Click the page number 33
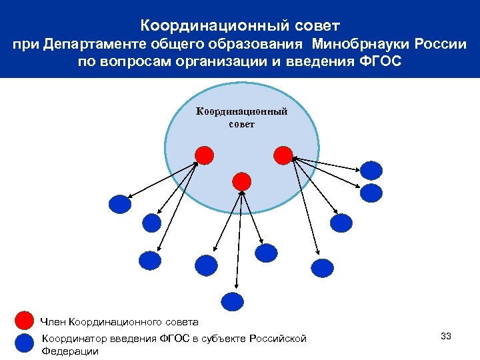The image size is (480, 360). coord(446,336)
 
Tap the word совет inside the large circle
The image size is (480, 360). coord(241,124)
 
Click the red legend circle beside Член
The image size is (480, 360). coord(25,321)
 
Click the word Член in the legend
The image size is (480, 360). coord(53,322)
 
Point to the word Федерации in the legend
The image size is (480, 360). coord(70,351)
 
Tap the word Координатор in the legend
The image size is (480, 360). coord(73,339)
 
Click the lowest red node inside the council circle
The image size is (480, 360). coord(242,181)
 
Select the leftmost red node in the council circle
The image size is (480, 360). coord(205,155)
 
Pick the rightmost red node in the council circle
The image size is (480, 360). coord(283,155)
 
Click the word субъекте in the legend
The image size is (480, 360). coord(224,339)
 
